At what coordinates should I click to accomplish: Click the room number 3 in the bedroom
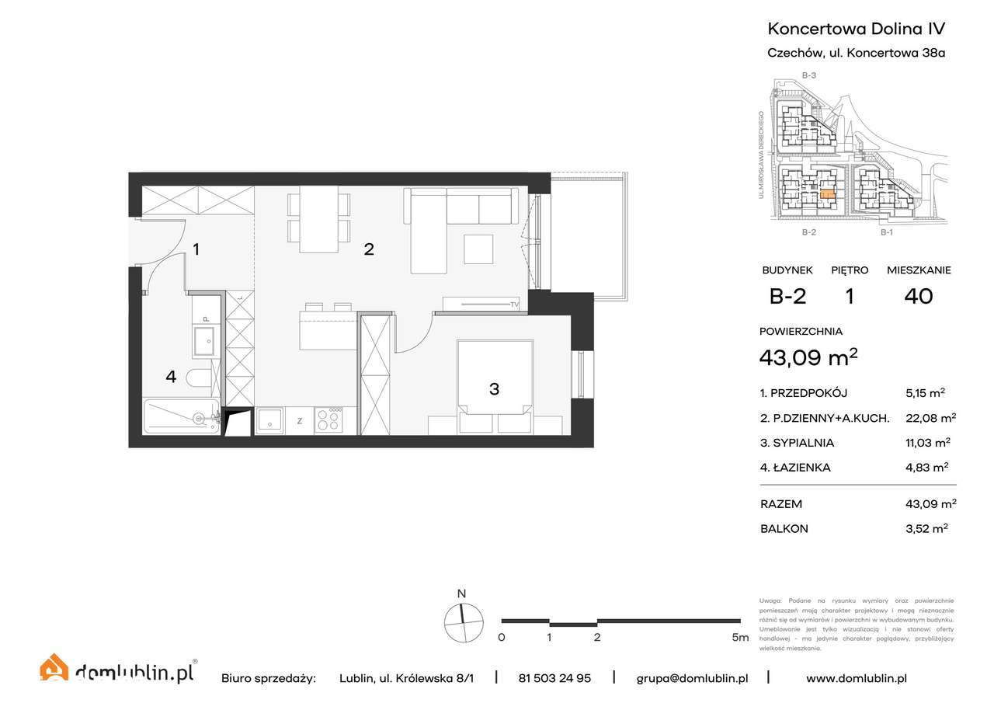pos(494,388)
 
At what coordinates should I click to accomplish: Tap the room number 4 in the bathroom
pos(171,377)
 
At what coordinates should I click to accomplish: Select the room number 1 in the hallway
pos(197,249)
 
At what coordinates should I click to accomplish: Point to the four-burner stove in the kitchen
pos(329,420)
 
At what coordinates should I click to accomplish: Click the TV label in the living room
pos(513,304)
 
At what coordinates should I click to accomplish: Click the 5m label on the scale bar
pos(739,638)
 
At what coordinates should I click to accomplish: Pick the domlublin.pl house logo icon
pos(54,670)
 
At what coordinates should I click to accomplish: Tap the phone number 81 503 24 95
pos(554,678)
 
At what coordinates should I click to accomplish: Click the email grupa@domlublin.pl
pos(692,678)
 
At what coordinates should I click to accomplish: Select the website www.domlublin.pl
pos(857,678)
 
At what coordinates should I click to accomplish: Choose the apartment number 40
pos(919,296)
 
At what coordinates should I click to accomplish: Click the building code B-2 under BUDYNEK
pos(786,296)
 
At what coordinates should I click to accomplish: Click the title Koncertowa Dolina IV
pos(857,29)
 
